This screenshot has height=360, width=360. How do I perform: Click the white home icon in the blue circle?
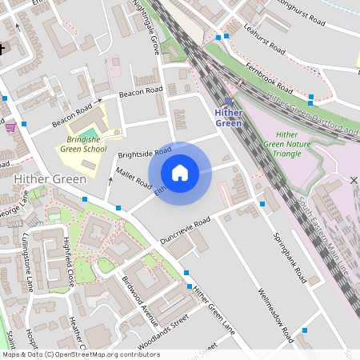180,172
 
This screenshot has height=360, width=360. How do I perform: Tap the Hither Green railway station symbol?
229,101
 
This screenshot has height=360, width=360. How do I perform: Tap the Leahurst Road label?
265,41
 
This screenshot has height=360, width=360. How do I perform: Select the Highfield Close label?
70,265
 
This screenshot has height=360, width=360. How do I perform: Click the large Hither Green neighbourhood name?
50,179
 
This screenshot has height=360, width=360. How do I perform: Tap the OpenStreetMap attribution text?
81,354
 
